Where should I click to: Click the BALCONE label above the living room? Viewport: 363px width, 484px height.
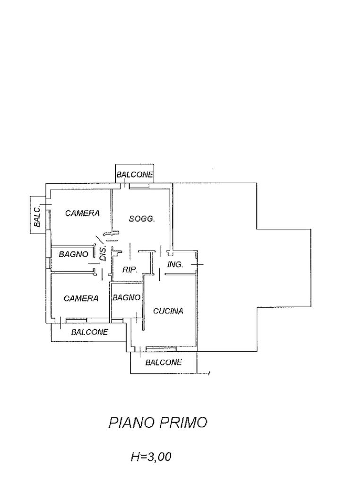[x=135, y=174]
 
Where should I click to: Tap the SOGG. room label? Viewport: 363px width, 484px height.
[x=142, y=219]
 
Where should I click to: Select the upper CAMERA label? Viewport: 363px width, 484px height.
[x=83, y=213]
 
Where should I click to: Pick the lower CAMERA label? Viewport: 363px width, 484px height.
[x=81, y=298]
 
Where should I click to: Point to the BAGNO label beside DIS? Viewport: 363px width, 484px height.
[x=73, y=254]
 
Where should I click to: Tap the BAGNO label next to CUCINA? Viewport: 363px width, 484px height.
[x=126, y=298]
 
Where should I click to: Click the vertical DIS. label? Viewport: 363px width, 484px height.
[x=103, y=253]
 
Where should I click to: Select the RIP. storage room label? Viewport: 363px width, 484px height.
[x=130, y=270]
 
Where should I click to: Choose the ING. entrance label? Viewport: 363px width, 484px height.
[x=175, y=265]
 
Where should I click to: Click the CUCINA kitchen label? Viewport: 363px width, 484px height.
[x=168, y=311]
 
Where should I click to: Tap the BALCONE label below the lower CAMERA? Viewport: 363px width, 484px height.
[x=89, y=332]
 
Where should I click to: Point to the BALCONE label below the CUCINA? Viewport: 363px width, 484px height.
[x=164, y=363]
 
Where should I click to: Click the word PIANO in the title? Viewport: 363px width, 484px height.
[x=130, y=422]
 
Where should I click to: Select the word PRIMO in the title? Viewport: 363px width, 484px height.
[x=183, y=422]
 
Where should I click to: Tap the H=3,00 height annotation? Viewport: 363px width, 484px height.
[x=151, y=457]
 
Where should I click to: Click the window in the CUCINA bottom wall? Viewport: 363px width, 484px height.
[x=161, y=349]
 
